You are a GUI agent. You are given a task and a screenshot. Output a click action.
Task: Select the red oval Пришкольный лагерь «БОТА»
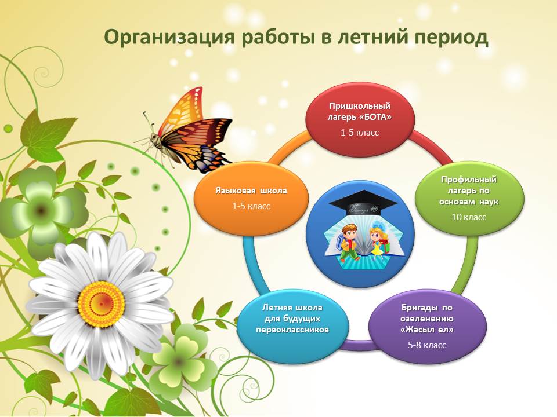pyautogui.click(x=360, y=119)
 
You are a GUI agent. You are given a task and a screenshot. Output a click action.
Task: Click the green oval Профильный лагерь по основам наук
pyautogui.click(x=469, y=199)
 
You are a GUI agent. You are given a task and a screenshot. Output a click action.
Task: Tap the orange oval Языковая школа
pyautogui.click(x=251, y=199)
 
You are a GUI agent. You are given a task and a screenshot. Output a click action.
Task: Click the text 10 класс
pyautogui.click(x=469, y=217)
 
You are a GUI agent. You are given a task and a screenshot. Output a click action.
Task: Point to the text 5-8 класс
pyautogui.click(x=427, y=345)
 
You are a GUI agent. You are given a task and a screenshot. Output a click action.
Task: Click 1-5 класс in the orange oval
pyautogui.click(x=251, y=206)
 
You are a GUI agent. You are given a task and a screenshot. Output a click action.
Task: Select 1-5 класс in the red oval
pyautogui.click(x=360, y=133)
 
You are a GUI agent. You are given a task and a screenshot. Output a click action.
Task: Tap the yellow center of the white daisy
pyautogui.click(x=101, y=303)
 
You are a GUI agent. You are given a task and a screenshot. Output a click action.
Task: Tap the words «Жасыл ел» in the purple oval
pyautogui.click(x=427, y=330)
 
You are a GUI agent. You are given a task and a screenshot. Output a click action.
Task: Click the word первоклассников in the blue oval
pyautogui.click(x=292, y=330)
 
